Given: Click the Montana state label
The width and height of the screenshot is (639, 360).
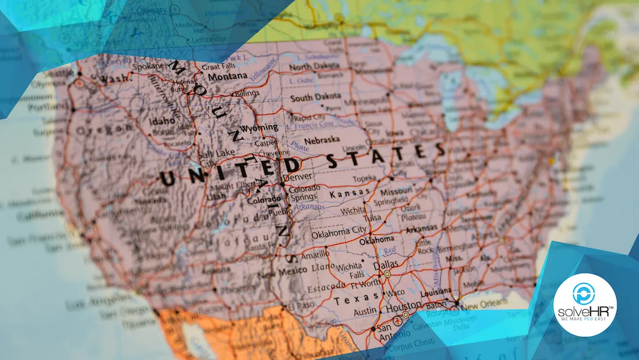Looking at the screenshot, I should coord(228,77).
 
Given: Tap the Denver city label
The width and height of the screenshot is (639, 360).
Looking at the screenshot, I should coord(298,177).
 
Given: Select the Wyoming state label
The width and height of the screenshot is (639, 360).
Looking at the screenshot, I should coord(259,128).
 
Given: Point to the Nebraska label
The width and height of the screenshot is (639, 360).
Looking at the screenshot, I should coord(322,140).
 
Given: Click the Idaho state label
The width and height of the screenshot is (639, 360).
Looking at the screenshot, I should coord(163,121).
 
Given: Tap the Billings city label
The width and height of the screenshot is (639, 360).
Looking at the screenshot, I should coord(247,94).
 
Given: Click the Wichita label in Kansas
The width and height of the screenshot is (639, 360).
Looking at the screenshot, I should coord(353,210).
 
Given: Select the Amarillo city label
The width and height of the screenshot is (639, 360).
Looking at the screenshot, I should coord(314,255).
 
